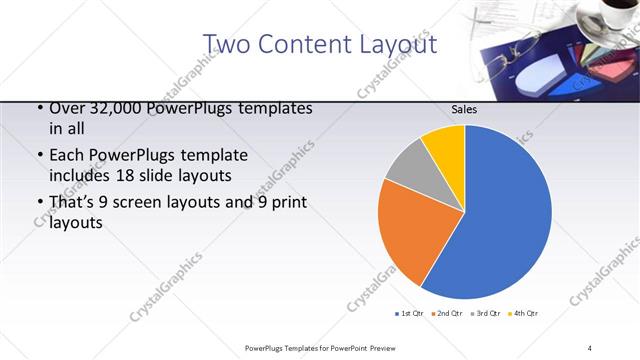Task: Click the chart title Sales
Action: point(464,109)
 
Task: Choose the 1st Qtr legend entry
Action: point(409,314)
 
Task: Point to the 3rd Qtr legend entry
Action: point(485,314)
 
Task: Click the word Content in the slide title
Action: point(301,44)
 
